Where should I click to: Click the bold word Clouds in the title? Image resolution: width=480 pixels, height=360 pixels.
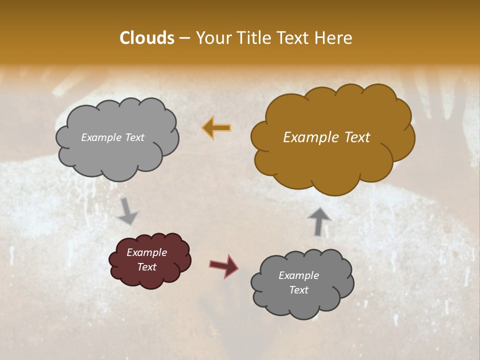[x=147, y=38]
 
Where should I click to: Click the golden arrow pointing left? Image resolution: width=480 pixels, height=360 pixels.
[x=216, y=127]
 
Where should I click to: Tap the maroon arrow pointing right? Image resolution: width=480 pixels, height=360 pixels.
[x=223, y=265]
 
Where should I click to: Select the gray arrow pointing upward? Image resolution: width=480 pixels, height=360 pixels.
[x=319, y=221]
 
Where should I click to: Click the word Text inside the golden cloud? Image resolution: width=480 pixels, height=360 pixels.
[x=353, y=137]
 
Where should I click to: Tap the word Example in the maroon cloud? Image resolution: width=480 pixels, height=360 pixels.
[x=146, y=252]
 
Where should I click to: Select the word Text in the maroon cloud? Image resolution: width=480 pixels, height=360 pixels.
[x=146, y=267]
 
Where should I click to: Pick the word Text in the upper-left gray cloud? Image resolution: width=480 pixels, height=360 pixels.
[x=134, y=137]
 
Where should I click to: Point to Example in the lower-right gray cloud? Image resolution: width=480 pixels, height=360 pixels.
[x=298, y=275]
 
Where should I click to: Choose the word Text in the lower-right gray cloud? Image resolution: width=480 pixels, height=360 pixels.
[x=298, y=290]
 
